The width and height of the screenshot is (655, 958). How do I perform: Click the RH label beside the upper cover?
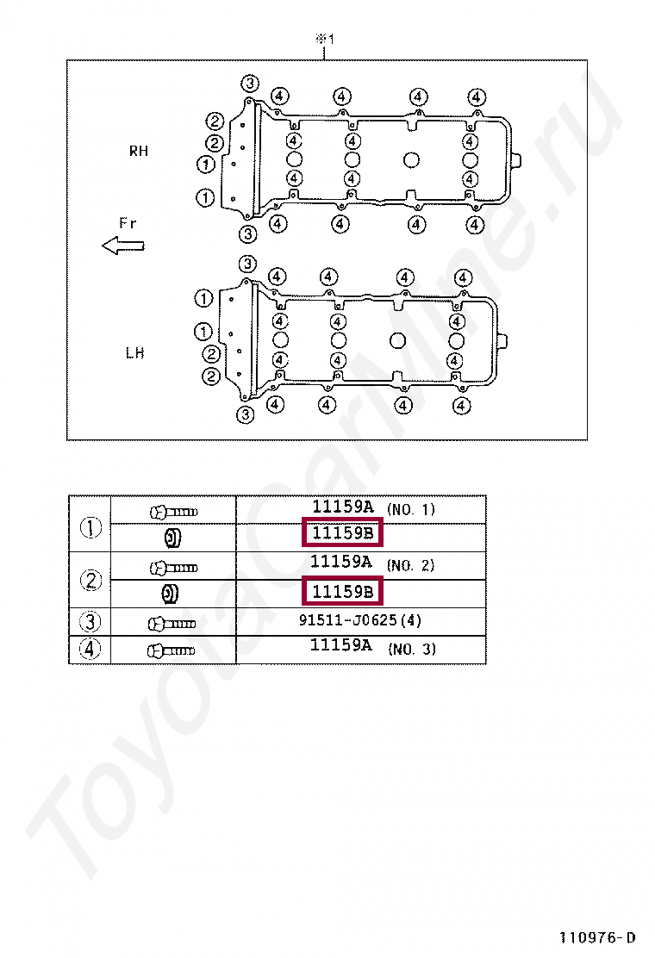(x=139, y=151)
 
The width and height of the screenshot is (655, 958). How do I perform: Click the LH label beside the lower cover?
(x=134, y=352)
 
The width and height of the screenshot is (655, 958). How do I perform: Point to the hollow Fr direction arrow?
(x=122, y=246)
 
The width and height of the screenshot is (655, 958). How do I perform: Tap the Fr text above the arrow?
(x=128, y=223)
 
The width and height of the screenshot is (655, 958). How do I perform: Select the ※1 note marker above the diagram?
(x=323, y=39)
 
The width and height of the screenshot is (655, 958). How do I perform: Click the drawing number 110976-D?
(x=597, y=937)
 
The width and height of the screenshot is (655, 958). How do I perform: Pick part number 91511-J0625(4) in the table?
(x=360, y=620)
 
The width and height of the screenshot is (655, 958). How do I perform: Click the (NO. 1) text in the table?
(x=411, y=509)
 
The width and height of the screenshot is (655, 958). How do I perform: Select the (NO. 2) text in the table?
(x=411, y=565)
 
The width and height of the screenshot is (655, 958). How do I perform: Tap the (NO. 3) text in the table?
(x=411, y=649)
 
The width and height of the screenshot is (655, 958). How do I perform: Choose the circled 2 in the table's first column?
(x=90, y=581)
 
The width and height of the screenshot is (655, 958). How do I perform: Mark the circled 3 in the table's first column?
(x=90, y=621)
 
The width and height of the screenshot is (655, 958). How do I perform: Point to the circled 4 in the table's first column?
(x=90, y=650)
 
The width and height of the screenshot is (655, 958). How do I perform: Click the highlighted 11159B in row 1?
(x=342, y=533)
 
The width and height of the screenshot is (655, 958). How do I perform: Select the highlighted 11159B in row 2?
(x=342, y=592)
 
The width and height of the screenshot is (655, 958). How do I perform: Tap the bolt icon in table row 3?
(x=172, y=622)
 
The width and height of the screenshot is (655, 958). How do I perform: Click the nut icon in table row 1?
(x=172, y=538)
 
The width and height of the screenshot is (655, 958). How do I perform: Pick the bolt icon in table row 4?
(x=172, y=650)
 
